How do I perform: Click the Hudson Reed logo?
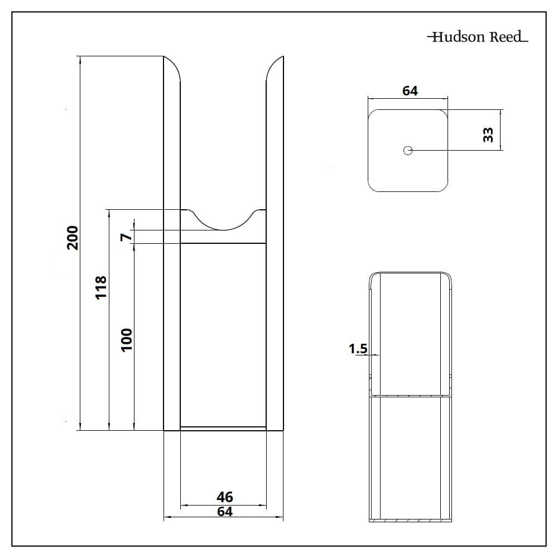[x=478, y=37]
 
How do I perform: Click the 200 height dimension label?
[x=73, y=238]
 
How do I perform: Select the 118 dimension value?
[x=101, y=287]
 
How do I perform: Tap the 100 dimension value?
[x=126, y=340]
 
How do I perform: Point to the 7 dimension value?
[x=126, y=237]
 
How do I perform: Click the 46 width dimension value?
[x=224, y=497]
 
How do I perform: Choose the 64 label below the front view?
[x=224, y=511]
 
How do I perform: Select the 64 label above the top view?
[x=410, y=91]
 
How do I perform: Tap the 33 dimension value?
[x=488, y=135]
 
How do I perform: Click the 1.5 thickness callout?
[x=358, y=349]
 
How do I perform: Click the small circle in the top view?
[x=408, y=151]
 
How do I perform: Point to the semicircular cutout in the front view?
[x=224, y=219]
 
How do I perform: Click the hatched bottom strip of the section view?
[x=410, y=520]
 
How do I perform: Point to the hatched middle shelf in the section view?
[x=410, y=396]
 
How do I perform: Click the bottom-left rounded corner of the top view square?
[x=374, y=185]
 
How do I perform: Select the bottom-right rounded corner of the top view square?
[x=441, y=185]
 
